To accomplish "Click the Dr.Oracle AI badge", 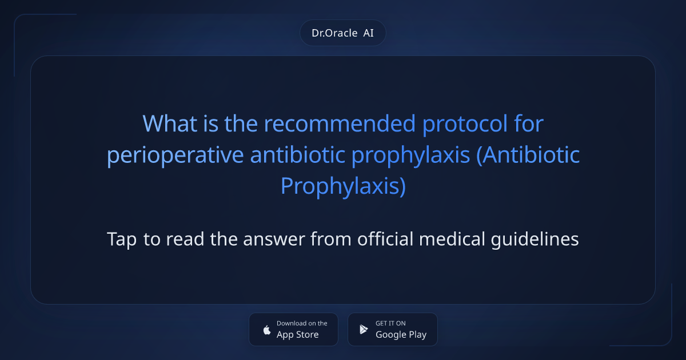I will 342,33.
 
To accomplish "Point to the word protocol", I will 466,123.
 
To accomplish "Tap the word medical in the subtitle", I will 452,239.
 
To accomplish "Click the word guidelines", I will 535,239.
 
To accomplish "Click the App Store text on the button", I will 297,335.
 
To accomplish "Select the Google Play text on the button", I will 401,335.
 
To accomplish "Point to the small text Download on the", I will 302,323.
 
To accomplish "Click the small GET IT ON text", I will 390,323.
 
